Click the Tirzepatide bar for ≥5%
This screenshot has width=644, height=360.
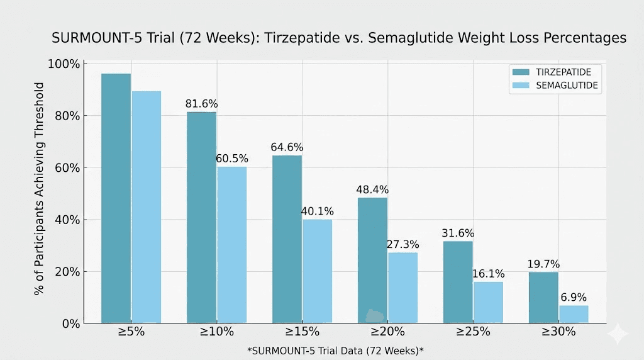(116, 198)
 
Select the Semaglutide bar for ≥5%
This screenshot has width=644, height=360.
(146, 207)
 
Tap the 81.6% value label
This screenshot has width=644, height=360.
(201, 104)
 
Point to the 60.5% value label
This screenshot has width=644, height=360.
(232, 158)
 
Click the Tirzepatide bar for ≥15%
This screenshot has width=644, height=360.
(287, 239)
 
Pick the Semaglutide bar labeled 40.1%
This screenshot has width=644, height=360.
(317, 271)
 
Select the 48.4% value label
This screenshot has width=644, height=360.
(373, 189)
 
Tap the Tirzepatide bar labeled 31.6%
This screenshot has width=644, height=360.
(458, 282)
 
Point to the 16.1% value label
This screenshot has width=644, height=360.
(489, 274)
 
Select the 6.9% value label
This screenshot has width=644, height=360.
(574, 297)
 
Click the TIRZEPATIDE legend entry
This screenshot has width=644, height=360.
(553, 72)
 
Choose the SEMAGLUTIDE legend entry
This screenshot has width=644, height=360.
(553, 85)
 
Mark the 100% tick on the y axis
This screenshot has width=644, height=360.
(64, 64)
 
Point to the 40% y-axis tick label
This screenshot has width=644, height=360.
(66, 220)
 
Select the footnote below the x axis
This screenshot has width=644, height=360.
(335, 349)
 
